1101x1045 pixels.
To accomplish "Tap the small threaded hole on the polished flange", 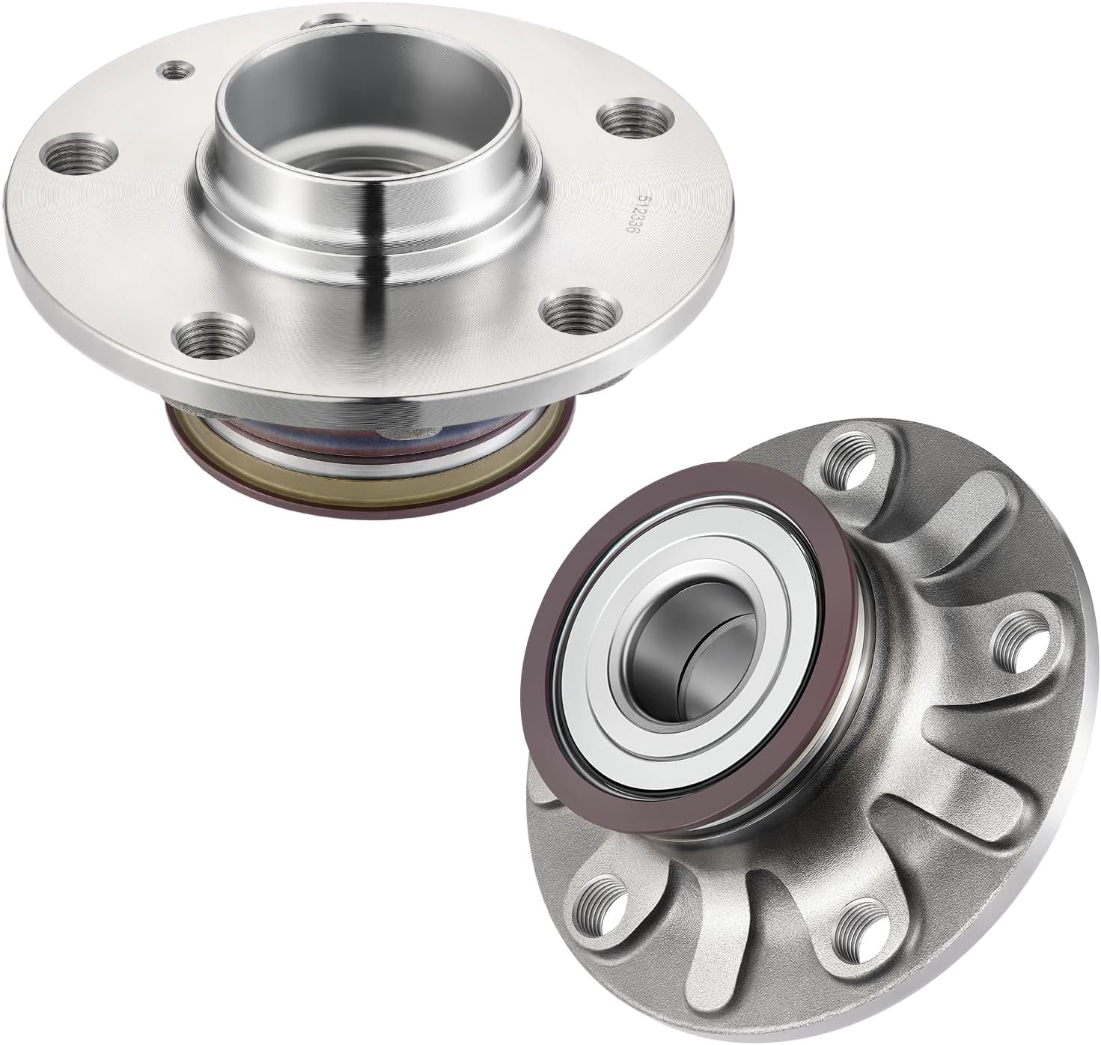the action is (174, 70).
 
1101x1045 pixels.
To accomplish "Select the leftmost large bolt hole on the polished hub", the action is (79, 153).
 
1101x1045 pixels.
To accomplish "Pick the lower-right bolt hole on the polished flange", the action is (583, 308).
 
